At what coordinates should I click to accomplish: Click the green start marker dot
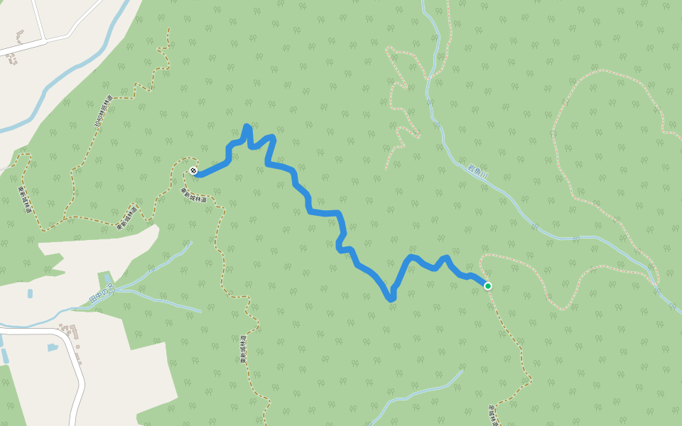click(x=488, y=286)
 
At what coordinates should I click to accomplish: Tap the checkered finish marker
click(x=194, y=170)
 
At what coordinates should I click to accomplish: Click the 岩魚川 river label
click(x=479, y=171)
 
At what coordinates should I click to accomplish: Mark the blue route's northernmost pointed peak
click(x=247, y=126)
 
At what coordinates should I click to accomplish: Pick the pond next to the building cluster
click(x=53, y=347)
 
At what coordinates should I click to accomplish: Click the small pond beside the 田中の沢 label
click(x=107, y=277)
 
